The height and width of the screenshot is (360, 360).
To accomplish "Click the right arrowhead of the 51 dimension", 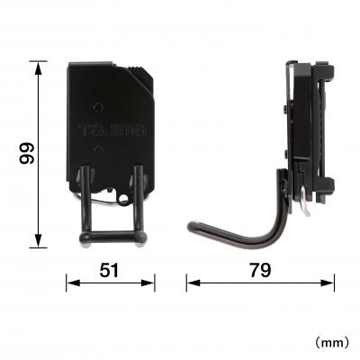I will point(149,283).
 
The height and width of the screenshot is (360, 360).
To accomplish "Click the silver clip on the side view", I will point(308,206).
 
